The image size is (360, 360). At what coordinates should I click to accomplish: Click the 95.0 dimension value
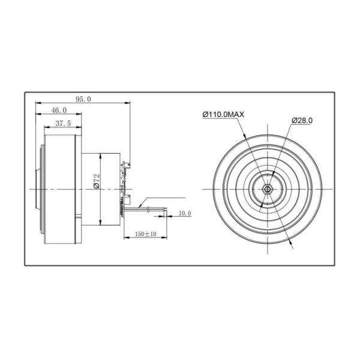pyautogui.click(x=83, y=99)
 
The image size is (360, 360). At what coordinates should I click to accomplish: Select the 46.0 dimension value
pyautogui.click(x=59, y=110)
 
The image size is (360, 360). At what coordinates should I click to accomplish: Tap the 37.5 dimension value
pyautogui.click(x=63, y=124)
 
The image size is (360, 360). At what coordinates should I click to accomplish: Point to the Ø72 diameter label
pyautogui.click(x=97, y=181)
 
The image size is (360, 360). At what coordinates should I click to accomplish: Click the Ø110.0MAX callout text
pyautogui.click(x=223, y=115)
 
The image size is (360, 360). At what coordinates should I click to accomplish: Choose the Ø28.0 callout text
pyautogui.click(x=302, y=121)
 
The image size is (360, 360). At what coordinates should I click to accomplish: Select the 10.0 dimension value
pyautogui.click(x=185, y=213)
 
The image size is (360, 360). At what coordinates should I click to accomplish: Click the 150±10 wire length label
pyautogui.click(x=146, y=234)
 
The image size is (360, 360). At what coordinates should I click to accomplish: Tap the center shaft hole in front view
pyautogui.click(x=268, y=190)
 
